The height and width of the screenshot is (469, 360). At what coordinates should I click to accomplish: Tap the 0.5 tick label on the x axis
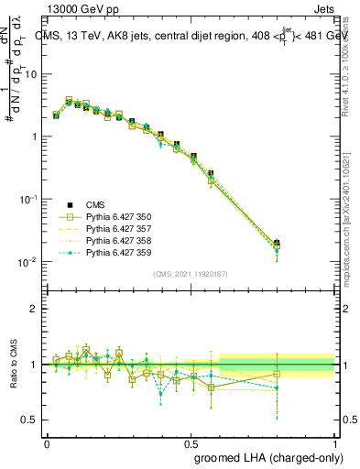tap(191, 442)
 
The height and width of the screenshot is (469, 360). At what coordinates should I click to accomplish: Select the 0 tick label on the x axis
tap(47, 442)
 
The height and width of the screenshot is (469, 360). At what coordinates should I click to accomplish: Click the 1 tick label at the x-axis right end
tap(335, 442)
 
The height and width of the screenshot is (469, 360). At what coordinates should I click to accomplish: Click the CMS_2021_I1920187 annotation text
tap(191, 272)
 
